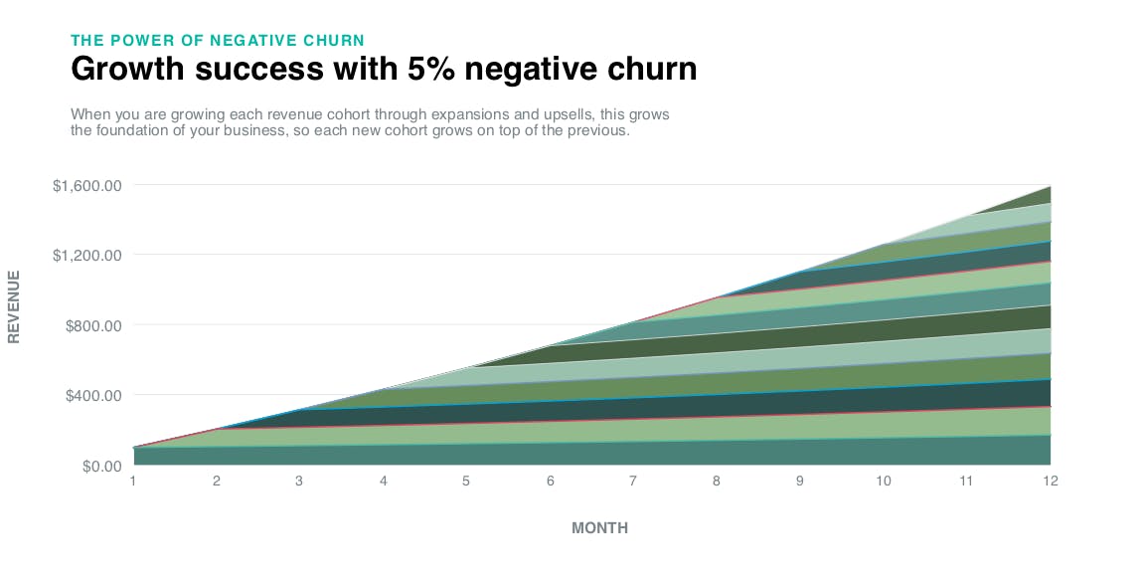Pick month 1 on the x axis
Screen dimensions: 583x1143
coord(133,482)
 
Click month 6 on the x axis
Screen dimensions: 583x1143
coord(550,482)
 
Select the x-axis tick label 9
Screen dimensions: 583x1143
coord(800,482)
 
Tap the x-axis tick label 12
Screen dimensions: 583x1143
coord(1050,482)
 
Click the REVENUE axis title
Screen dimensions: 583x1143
coord(14,305)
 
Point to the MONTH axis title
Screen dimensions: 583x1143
coord(599,528)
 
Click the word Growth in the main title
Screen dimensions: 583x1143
coord(122,70)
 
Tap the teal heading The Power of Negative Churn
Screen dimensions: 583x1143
coord(218,41)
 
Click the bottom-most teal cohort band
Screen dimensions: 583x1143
coord(596,453)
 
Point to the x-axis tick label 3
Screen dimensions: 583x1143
coord(300,482)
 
